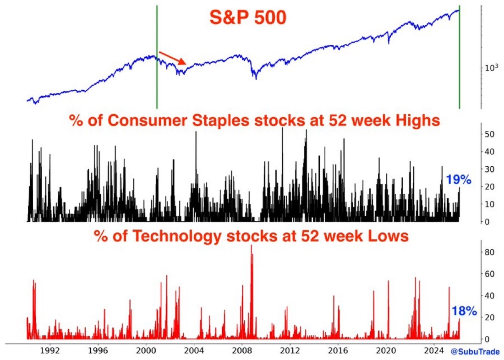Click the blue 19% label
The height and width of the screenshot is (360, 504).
pyautogui.click(x=459, y=180)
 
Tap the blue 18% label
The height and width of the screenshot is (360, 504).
pyautogui.click(x=465, y=311)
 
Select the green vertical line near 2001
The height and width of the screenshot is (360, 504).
pyautogui.click(x=157, y=57)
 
